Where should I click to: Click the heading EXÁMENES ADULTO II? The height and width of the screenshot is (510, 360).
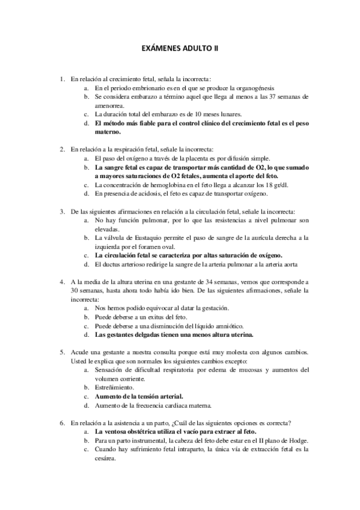coord(180,52)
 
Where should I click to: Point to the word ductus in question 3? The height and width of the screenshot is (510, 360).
coord(112,265)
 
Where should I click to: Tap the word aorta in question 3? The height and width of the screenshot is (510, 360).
coord(289,265)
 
